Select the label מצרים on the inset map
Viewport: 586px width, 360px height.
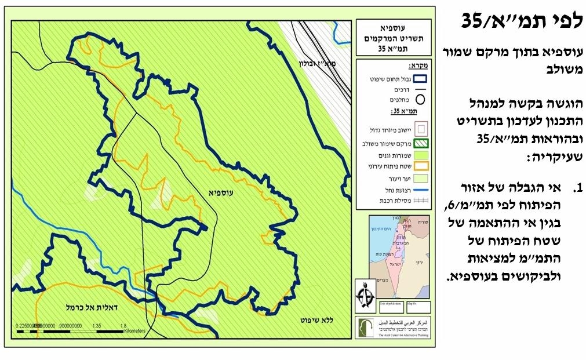380,280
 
